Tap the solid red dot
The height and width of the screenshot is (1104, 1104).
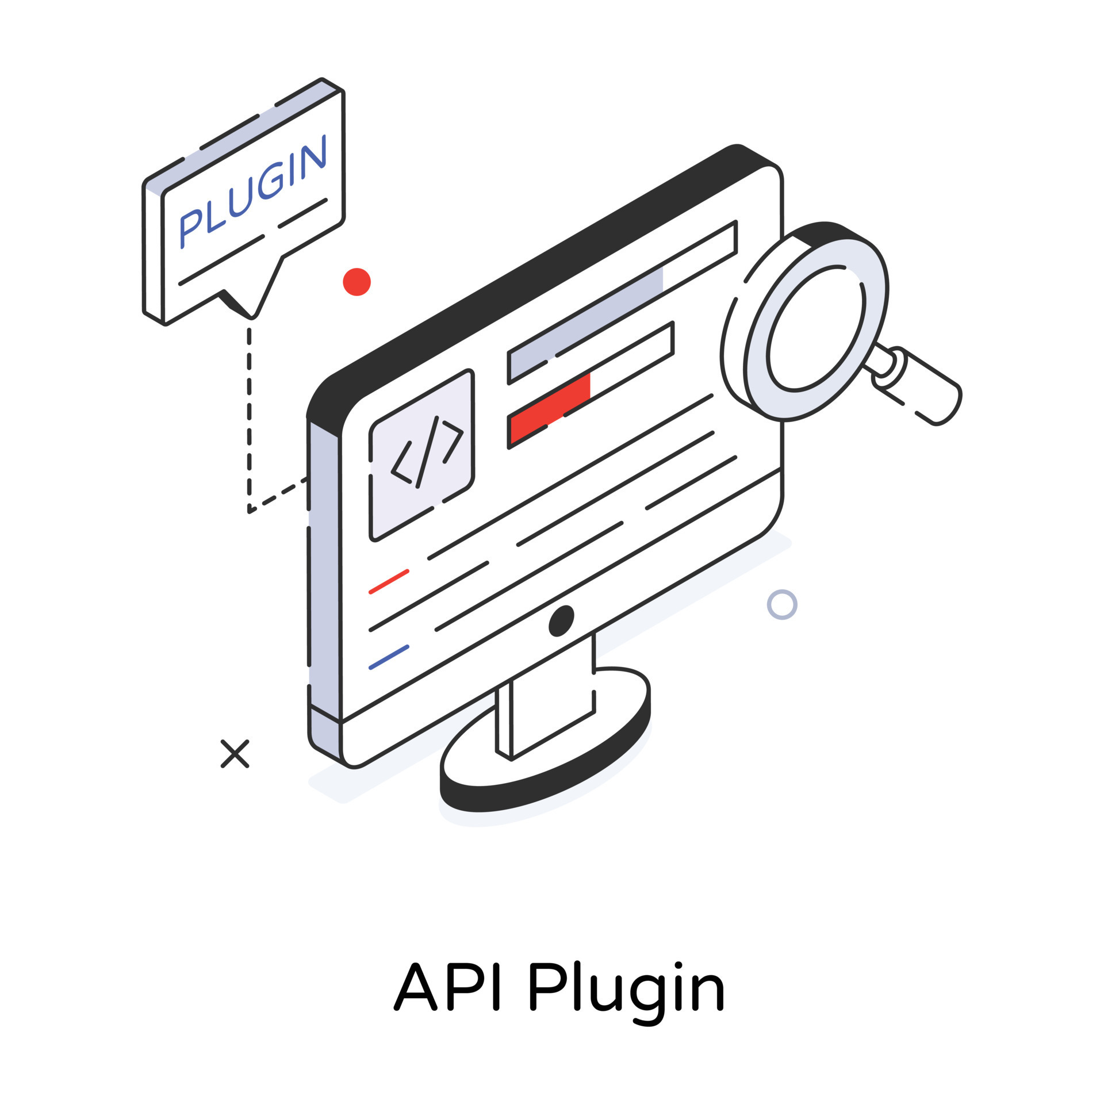(356, 282)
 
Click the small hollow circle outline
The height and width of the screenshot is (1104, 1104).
(782, 604)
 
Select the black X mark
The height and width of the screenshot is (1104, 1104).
(235, 754)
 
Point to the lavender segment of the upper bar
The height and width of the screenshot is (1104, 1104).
(586, 322)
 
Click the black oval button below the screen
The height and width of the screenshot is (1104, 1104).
(561, 621)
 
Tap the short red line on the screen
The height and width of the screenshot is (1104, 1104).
(389, 581)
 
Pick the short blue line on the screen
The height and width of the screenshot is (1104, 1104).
(389, 657)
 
